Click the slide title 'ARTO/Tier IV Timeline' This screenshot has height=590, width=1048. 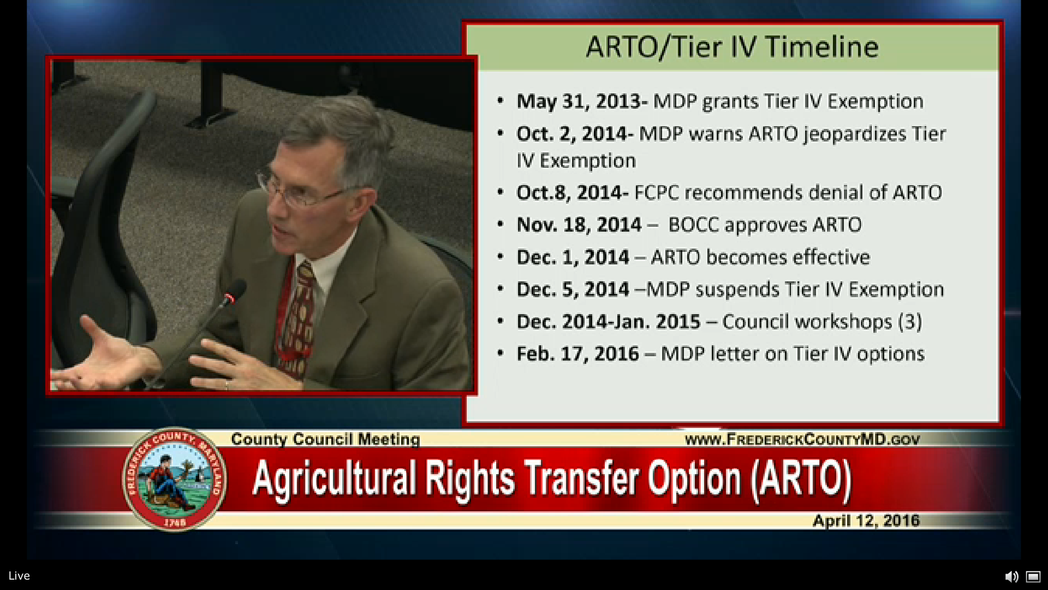732,46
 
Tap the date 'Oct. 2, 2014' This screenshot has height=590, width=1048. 572,134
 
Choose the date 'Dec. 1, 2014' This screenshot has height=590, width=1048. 573,257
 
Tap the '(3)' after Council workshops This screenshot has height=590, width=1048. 910,322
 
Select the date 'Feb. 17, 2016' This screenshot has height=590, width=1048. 577,354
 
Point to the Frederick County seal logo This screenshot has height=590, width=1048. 175,479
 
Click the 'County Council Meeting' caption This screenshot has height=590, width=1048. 325,439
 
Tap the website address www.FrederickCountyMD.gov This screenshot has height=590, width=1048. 802,439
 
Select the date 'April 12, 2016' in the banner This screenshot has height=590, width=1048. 866,521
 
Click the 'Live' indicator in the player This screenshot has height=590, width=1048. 19,576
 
